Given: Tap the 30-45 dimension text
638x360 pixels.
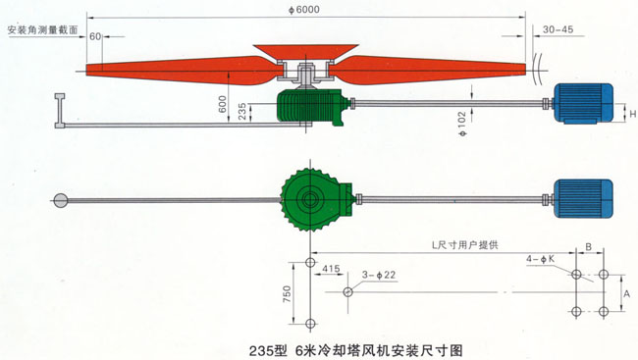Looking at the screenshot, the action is click(x=556, y=29).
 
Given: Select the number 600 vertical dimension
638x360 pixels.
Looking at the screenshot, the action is click(x=222, y=103).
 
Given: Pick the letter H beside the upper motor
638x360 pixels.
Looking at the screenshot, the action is click(x=630, y=116).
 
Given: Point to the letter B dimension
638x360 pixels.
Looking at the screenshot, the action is click(x=588, y=247).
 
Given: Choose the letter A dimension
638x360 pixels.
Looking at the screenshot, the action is click(x=624, y=293).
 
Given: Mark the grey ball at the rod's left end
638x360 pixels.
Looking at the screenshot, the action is click(x=60, y=200).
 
